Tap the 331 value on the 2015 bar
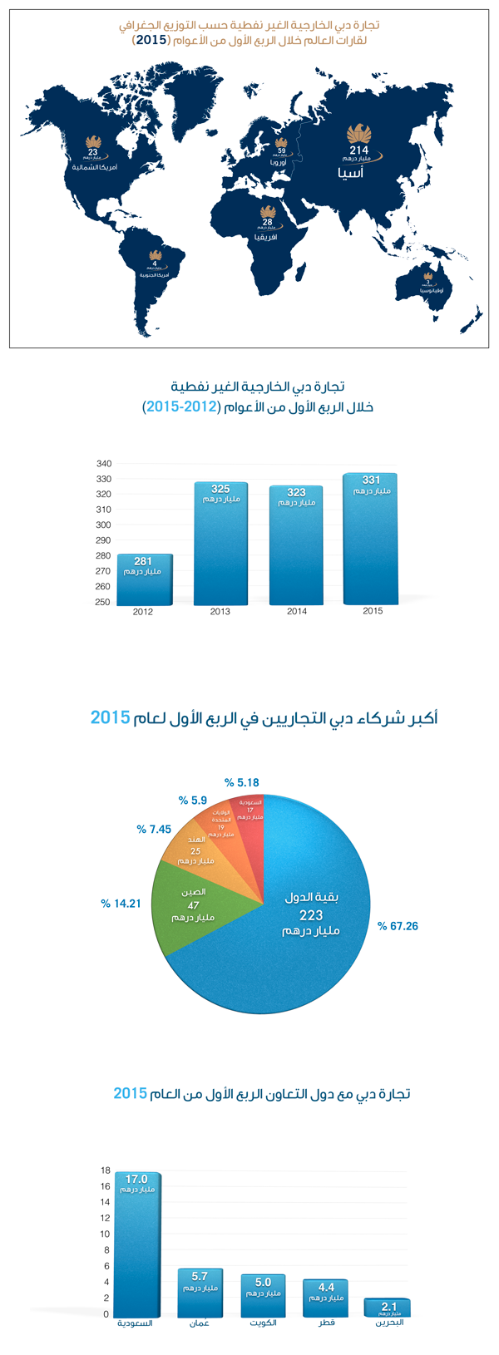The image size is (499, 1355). pyautogui.click(x=370, y=480)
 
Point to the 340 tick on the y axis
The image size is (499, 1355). pyautogui.click(x=104, y=463)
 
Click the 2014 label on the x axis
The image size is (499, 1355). pyautogui.click(x=297, y=611)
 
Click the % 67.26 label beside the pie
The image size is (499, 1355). pyautogui.click(x=398, y=925)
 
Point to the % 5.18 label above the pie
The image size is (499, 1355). pyautogui.click(x=242, y=782)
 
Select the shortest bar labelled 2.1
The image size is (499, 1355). pyautogui.click(x=387, y=1308)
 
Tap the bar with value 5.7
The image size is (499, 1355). pyautogui.click(x=200, y=1293)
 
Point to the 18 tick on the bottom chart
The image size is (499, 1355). pyautogui.click(x=106, y=1170)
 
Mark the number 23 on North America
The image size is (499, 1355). pyautogui.click(x=92, y=151)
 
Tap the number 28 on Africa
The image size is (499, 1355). pyautogui.click(x=267, y=223)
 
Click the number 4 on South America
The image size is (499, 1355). pyautogui.click(x=155, y=264)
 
